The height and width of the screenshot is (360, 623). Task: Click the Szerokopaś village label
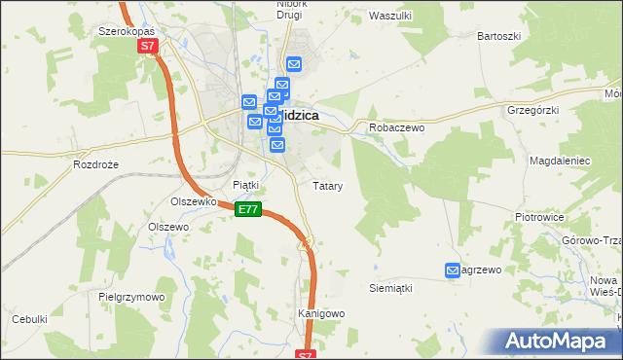pyautogui.click(x=128, y=31)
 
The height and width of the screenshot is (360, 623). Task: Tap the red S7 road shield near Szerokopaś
pyautogui.click(x=147, y=46)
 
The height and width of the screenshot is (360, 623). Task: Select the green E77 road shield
pyautogui.click(x=248, y=209)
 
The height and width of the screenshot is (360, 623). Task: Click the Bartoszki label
pyautogui.click(x=499, y=36)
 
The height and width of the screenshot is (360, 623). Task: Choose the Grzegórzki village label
pyautogui.click(x=530, y=111)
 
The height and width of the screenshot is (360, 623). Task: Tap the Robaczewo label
pyautogui.click(x=392, y=127)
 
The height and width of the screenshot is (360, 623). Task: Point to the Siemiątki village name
pyautogui.click(x=391, y=288)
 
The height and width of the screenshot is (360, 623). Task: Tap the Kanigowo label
pyautogui.click(x=321, y=313)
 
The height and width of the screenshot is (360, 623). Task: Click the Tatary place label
pyautogui.click(x=326, y=185)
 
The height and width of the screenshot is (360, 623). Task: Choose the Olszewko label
pyautogui.click(x=192, y=201)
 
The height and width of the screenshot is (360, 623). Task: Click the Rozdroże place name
pyautogui.click(x=95, y=164)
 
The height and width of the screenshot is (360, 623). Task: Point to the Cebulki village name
pyautogui.click(x=29, y=318)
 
